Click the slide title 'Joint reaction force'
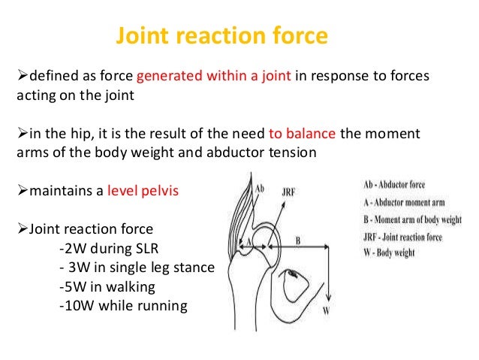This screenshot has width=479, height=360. click(221, 36)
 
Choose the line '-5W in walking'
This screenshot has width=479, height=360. click(100, 286)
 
